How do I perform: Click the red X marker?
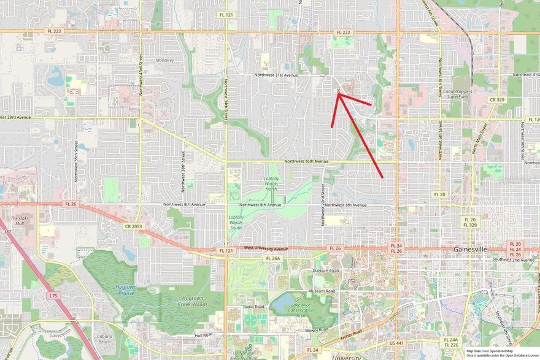coord(338,91)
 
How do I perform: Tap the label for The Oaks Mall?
coord(21,220)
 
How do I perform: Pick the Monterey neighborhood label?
coord(166,60)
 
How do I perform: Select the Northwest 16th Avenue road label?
coord(306,161)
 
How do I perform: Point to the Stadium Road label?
coord(326,270)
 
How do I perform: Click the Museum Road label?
coord(322,291)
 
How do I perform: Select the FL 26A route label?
coord(273,258)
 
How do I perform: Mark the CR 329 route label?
coord(496,99)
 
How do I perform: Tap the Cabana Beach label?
coord(108,339)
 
